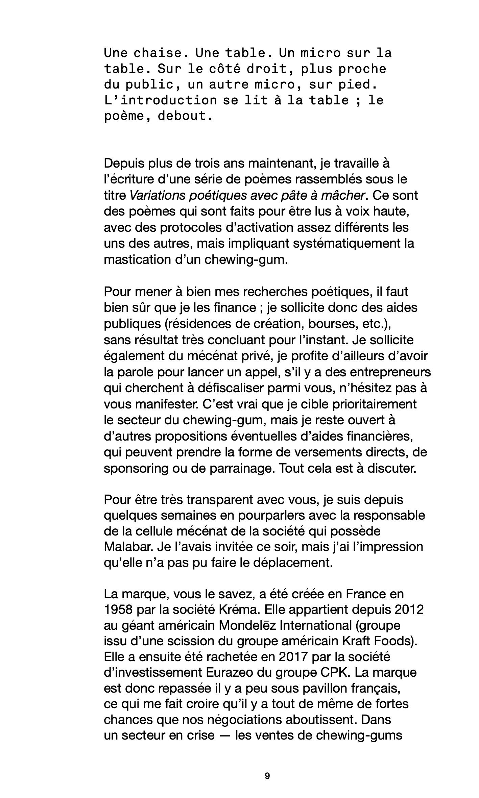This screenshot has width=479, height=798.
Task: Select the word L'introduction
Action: coord(160,101)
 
